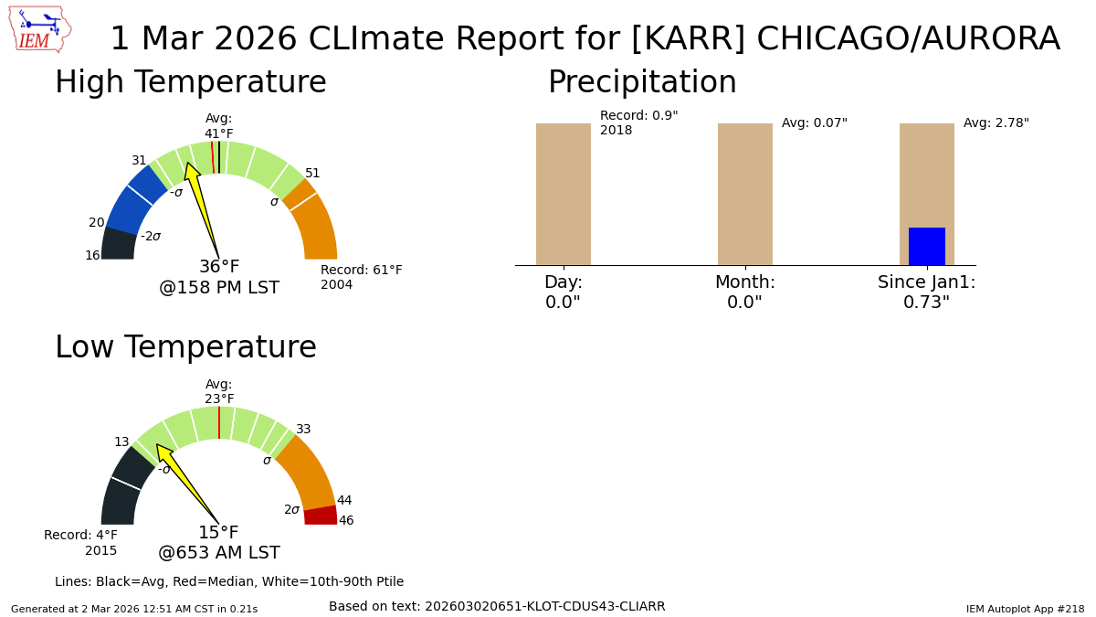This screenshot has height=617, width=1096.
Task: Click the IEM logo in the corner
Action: coord(39,29)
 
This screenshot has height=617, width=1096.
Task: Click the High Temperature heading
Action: coord(190,83)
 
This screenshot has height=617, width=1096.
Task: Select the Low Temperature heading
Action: coord(185,348)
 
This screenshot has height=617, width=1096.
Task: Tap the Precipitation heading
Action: coord(642,83)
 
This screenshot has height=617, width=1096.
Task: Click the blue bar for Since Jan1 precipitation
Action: coord(926,247)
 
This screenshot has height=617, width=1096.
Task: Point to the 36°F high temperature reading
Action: coord(219,267)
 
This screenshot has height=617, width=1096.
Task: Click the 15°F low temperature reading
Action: coord(218,533)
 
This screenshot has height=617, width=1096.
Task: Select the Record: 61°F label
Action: coord(361,271)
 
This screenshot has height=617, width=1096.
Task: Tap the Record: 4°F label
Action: coord(80,536)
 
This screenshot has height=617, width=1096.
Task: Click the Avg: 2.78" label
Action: coord(996,123)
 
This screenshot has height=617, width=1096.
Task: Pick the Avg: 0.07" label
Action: coord(814,123)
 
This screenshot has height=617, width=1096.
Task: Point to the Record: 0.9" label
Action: coord(638,116)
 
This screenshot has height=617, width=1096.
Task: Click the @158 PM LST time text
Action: coord(219,288)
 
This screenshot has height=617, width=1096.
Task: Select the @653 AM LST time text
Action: coord(219,553)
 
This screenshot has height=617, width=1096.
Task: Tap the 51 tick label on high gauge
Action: coord(312,174)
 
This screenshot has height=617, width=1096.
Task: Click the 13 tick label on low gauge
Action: coord(121,442)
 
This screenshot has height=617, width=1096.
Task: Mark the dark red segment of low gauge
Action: coord(321,516)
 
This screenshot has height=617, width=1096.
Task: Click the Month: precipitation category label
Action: coord(744,282)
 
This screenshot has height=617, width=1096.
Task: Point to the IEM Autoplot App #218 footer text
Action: coord(1025,609)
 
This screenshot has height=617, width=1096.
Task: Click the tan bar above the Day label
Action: coord(563,194)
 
